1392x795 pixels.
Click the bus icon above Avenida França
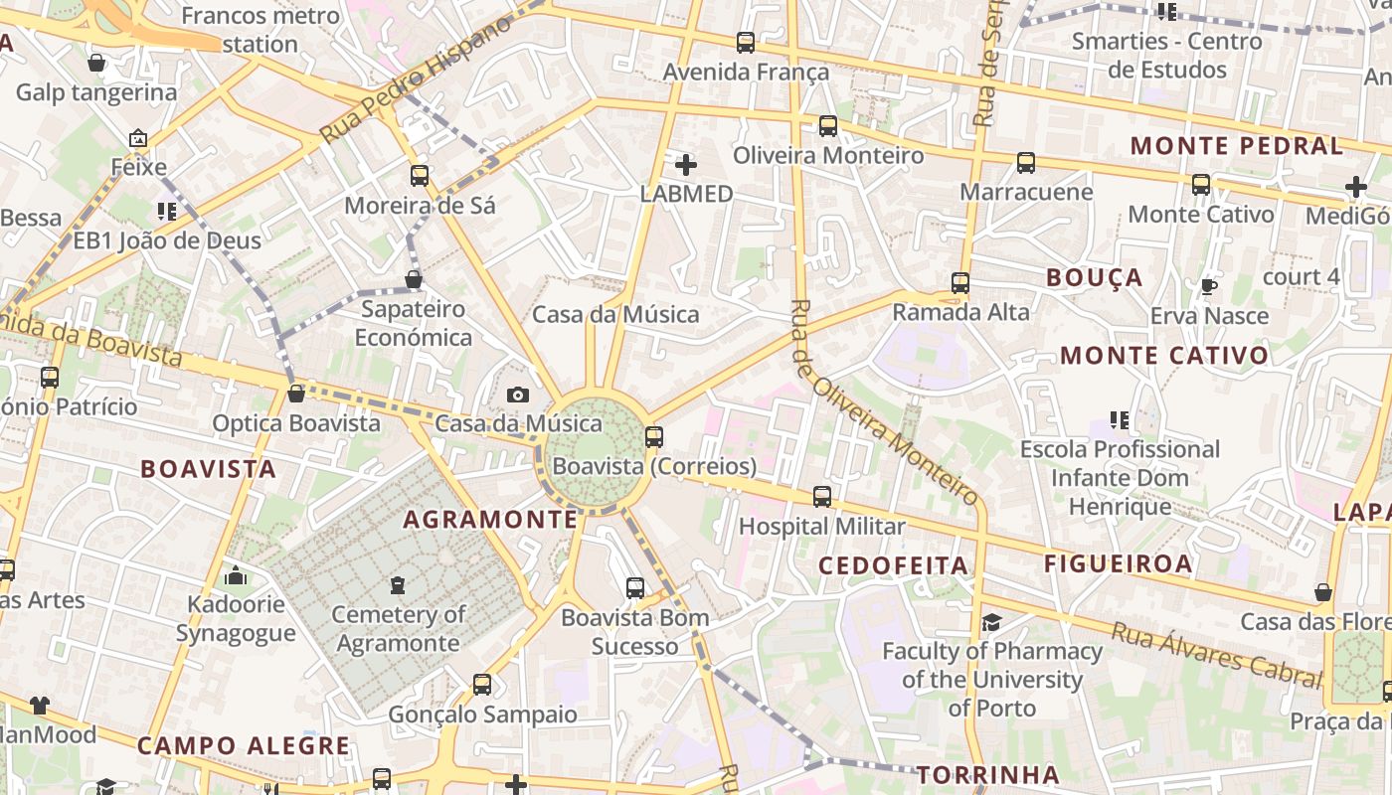(x=746, y=43)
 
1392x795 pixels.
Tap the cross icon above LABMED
(x=686, y=164)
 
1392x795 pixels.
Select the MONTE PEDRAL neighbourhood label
(x=1236, y=146)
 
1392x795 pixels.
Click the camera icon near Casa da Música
(x=517, y=396)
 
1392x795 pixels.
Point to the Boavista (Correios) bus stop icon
(x=653, y=436)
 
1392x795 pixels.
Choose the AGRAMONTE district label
(x=490, y=519)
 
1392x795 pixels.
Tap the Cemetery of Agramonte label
(x=398, y=628)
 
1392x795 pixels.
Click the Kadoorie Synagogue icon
(x=236, y=575)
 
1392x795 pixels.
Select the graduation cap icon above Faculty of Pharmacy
(x=991, y=623)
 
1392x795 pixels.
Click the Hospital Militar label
(x=821, y=526)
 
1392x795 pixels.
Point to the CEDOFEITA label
(x=893, y=565)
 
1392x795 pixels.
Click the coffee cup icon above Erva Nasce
(x=1208, y=287)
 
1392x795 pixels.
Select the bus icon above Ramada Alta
(x=959, y=283)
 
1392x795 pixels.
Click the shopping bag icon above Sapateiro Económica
(x=414, y=280)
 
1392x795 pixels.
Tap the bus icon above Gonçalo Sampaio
(x=482, y=685)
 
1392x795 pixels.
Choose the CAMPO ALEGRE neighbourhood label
(x=244, y=745)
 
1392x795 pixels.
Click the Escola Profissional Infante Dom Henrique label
(x=1120, y=478)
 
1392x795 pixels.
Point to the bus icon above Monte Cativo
(x=1201, y=185)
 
